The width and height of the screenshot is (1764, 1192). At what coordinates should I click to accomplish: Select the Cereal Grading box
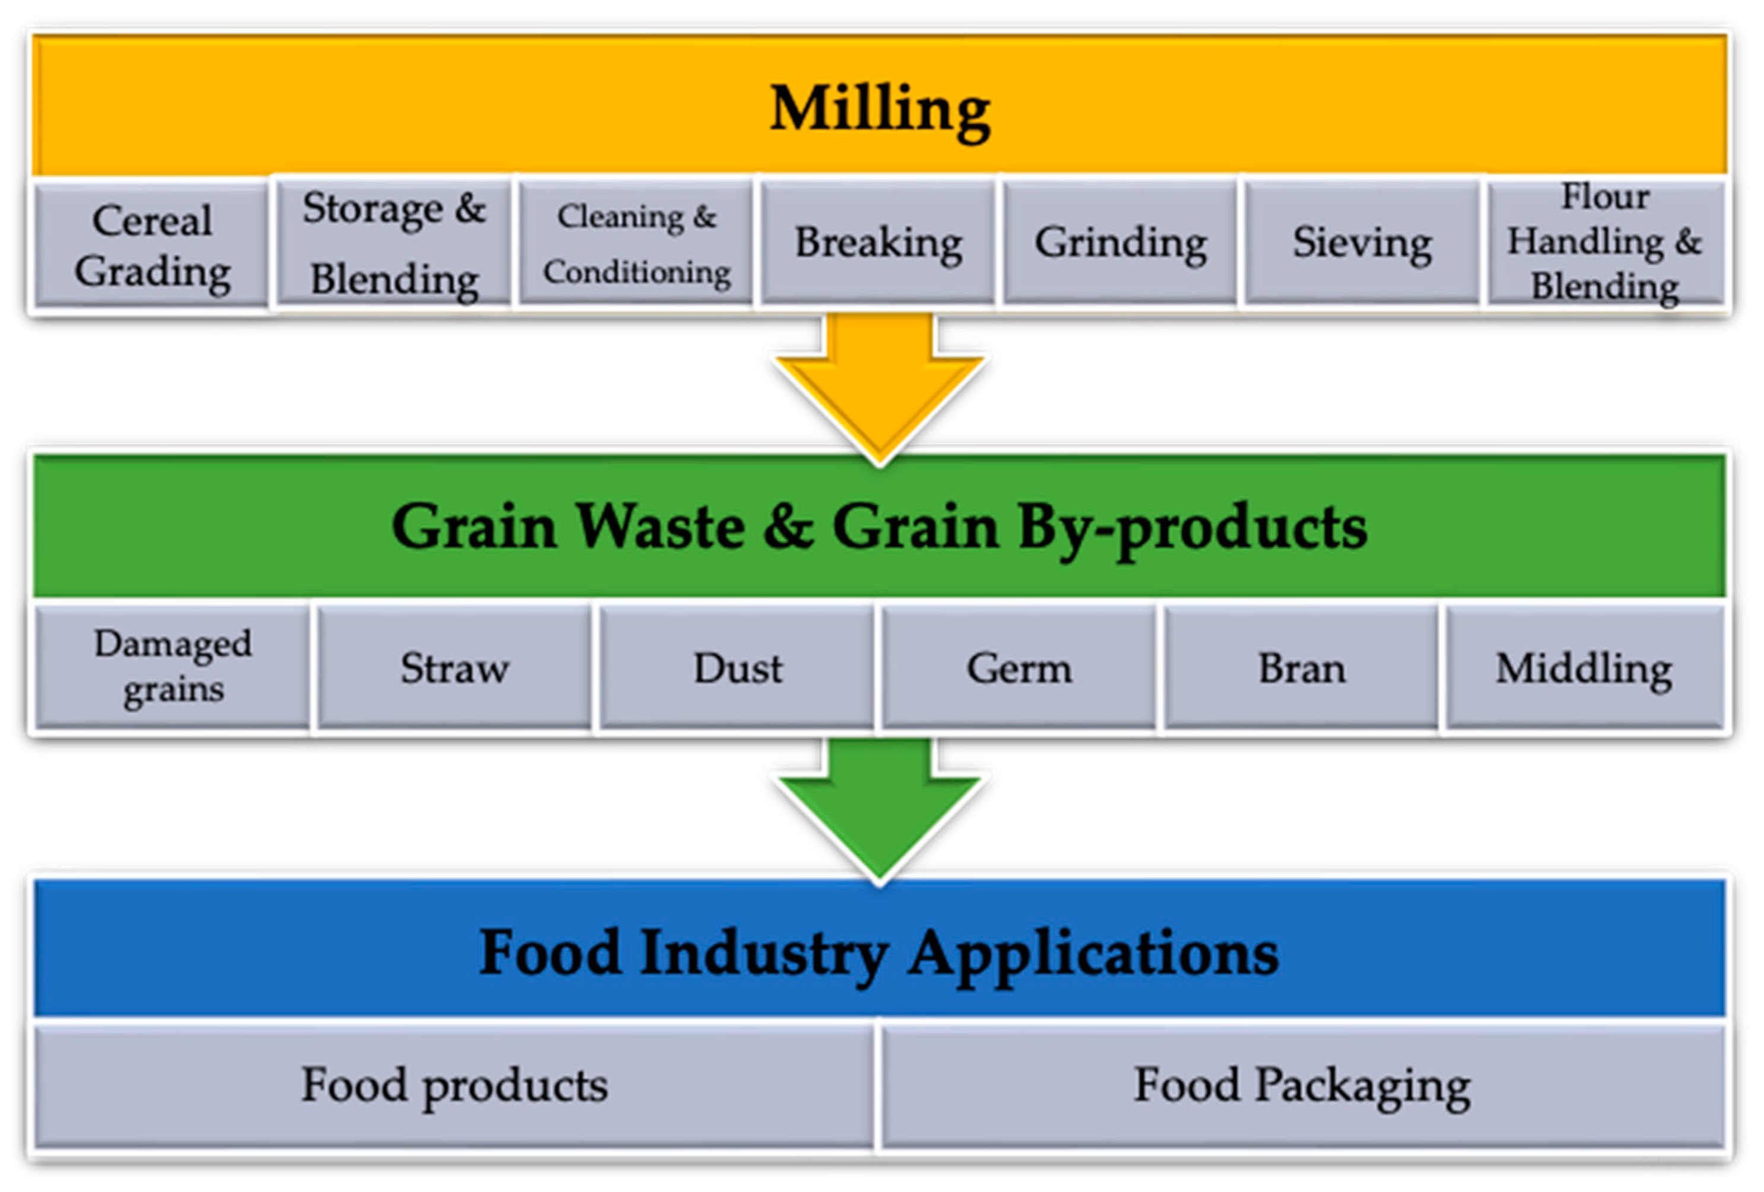pyautogui.click(x=152, y=245)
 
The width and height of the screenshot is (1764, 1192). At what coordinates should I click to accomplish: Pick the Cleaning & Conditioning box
pyautogui.click(x=636, y=243)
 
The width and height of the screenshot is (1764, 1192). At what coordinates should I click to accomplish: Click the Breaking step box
pyautogui.click(x=878, y=243)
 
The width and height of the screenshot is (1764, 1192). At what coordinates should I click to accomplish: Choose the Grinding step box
pyautogui.click(x=1121, y=243)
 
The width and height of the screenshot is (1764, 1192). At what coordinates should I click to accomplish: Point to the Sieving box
pyautogui.click(x=1362, y=243)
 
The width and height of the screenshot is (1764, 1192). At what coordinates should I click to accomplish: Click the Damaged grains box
pyautogui.click(x=173, y=667)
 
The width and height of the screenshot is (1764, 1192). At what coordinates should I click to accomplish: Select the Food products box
pyautogui.click(x=455, y=1085)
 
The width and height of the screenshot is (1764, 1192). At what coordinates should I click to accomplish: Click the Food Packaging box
pyautogui.click(x=1302, y=1085)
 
